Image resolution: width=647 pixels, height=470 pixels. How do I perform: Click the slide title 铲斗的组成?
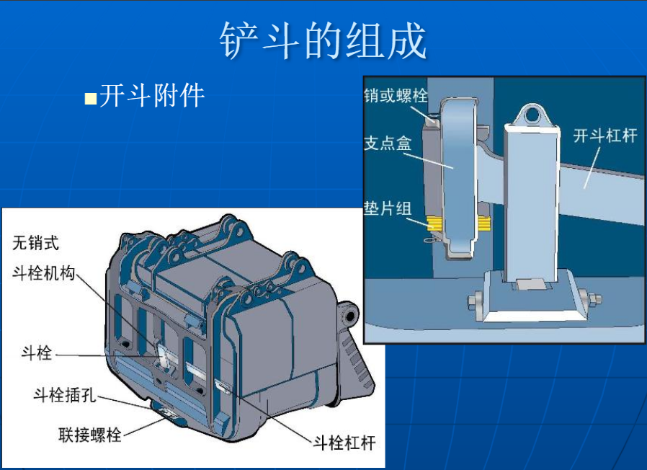click(x=323, y=40)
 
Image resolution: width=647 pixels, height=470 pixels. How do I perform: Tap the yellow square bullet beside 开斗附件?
click(x=90, y=99)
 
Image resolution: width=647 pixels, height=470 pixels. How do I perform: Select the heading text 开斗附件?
click(x=152, y=95)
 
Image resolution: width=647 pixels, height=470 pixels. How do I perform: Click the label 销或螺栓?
click(x=396, y=95)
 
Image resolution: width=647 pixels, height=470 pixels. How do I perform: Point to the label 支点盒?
click(x=388, y=143)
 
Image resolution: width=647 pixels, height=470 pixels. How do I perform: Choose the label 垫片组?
click(x=388, y=208)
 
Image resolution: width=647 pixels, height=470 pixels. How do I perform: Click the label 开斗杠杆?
click(x=605, y=136)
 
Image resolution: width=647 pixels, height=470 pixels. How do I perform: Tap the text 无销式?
click(x=36, y=243)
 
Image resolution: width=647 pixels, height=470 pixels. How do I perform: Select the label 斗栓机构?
click(x=44, y=273)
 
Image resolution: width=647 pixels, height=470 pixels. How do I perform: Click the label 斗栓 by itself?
click(x=37, y=353)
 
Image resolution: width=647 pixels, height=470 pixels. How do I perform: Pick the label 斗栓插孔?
click(x=65, y=395)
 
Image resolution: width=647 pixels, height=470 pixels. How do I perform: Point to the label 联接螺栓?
click(x=90, y=435)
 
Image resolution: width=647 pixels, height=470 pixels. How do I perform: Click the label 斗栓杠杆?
click(x=344, y=443)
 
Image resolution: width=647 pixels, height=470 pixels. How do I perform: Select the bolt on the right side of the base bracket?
click(x=590, y=298)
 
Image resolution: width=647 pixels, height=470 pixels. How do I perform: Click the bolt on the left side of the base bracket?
click(x=476, y=301)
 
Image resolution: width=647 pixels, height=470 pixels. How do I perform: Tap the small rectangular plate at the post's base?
click(x=532, y=284)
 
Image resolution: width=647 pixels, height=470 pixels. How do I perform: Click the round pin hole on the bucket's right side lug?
click(x=350, y=316)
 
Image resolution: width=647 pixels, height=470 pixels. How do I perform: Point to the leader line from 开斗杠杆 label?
click(x=592, y=168)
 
